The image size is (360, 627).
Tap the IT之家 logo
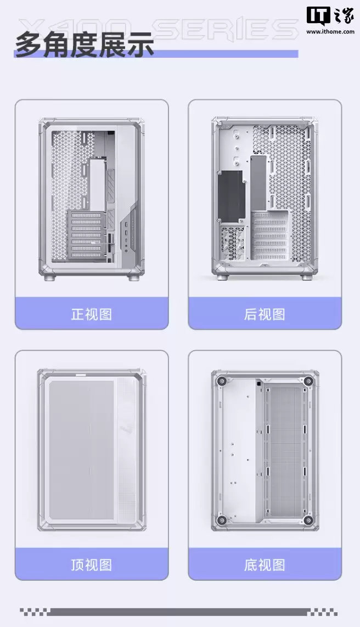pos(329,16)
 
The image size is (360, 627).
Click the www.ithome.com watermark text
pos(329,32)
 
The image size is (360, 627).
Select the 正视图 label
pos(91,314)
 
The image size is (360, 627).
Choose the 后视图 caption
pos(265,314)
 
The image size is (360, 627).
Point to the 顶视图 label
pos(91,564)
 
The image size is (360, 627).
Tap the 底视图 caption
pos(265,564)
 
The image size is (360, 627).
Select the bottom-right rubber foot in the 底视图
pos(308,519)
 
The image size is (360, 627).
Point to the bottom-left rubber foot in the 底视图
pos(222,519)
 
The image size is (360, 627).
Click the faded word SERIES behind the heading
pos(230,29)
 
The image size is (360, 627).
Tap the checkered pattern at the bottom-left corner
pos(34,611)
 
